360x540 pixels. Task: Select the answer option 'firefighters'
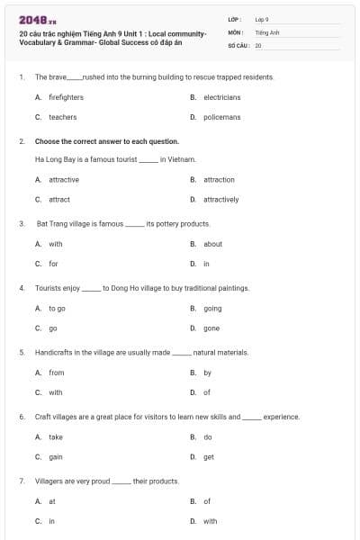(x=66, y=96)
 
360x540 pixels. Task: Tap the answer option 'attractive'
(x=63, y=179)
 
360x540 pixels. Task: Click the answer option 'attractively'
(x=220, y=200)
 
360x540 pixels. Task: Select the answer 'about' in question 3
(x=212, y=244)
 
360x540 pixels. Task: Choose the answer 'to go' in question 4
(x=57, y=308)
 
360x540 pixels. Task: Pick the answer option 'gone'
(x=211, y=328)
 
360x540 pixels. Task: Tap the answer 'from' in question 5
(x=56, y=373)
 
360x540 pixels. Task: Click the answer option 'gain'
(x=56, y=456)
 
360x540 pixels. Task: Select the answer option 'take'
(x=56, y=436)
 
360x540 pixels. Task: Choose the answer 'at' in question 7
(x=52, y=501)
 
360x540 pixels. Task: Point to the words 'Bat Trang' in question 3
(x=51, y=223)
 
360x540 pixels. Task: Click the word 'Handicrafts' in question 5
(x=54, y=353)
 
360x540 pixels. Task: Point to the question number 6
(x=21, y=417)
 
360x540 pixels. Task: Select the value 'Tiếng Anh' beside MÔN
(x=267, y=31)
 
